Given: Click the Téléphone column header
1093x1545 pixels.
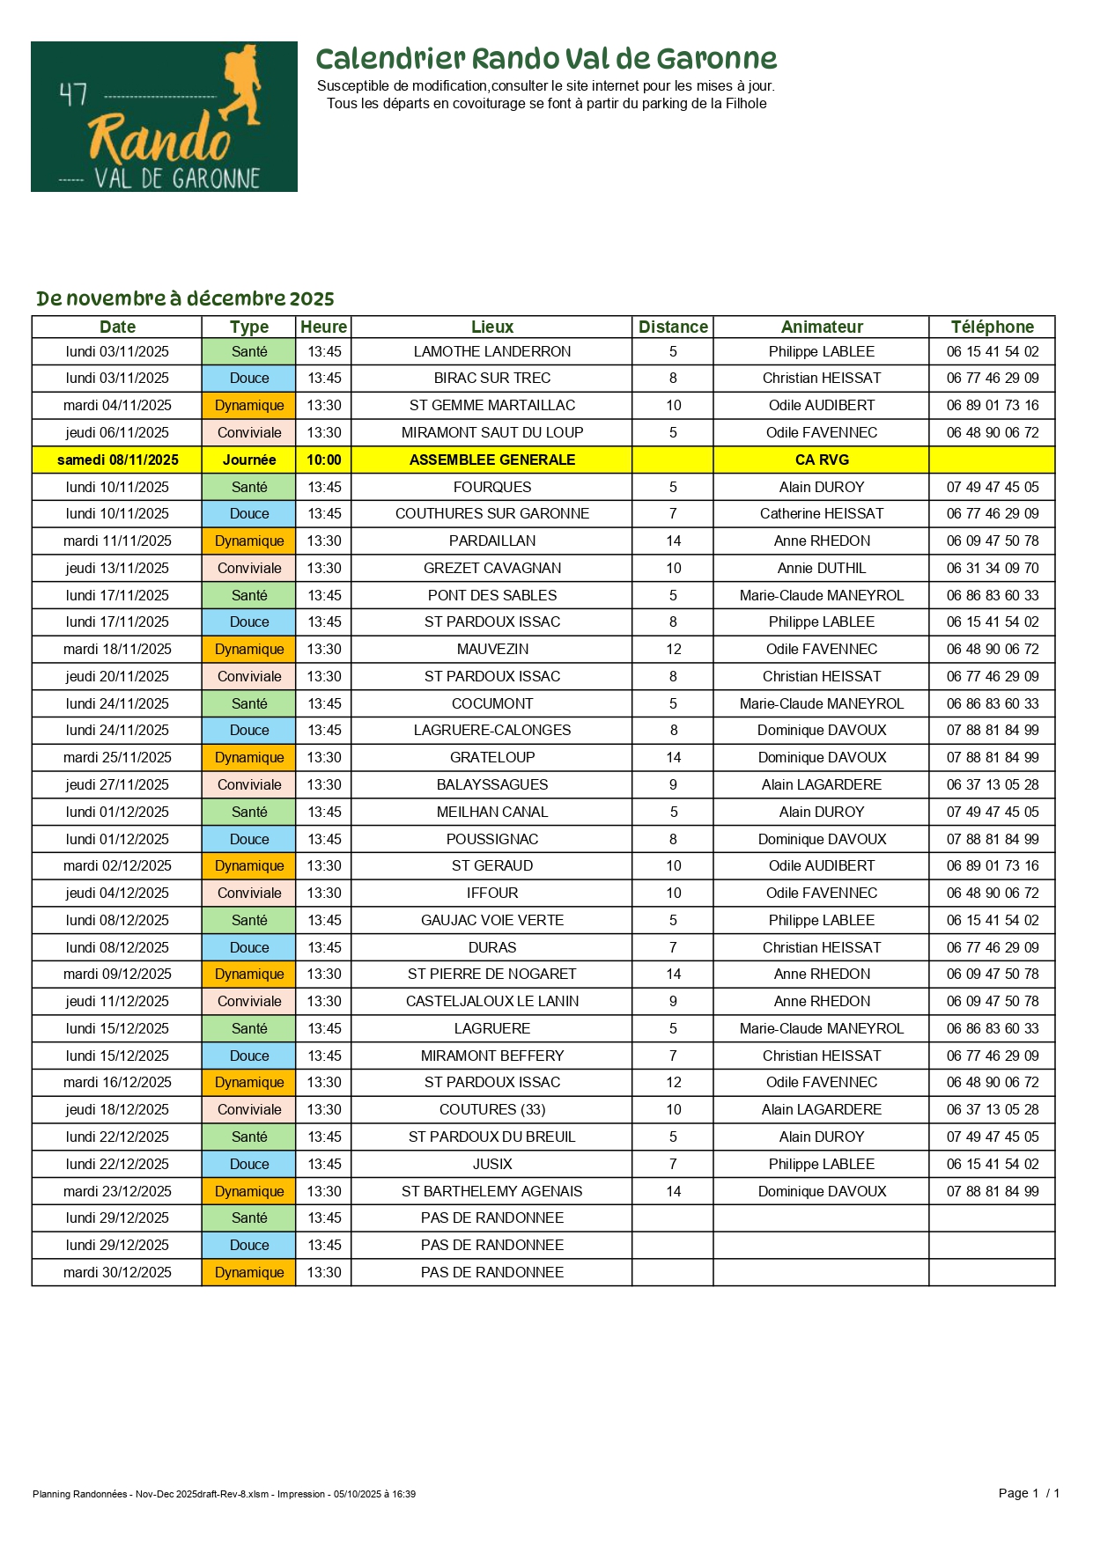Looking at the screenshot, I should click(992, 327).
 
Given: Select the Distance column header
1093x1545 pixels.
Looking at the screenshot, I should click(673, 327).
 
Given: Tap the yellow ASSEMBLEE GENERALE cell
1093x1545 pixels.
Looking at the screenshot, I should click(491, 460).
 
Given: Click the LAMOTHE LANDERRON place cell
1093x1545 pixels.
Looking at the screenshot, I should click(491, 351).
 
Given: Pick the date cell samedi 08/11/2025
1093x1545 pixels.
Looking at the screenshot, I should click(117, 460).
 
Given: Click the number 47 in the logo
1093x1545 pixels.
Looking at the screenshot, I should click(73, 94).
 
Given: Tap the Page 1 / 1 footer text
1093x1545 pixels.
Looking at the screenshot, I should click(1029, 1492).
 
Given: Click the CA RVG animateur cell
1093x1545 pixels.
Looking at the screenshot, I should click(822, 460).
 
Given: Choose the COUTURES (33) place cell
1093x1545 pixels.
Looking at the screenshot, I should click(491, 1109).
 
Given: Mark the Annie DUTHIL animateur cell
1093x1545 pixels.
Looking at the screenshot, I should click(822, 568).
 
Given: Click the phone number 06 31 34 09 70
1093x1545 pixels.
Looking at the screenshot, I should click(992, 568).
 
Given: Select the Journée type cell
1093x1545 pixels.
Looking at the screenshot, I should click(249, 460).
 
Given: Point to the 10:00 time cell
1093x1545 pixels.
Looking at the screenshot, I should click(323, 460).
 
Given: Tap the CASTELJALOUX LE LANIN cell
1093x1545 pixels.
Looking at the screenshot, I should click(491, 1001).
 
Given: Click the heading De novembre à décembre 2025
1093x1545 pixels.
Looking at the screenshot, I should click(185, 298).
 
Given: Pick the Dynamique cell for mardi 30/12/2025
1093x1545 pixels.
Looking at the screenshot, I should click(249, 1272).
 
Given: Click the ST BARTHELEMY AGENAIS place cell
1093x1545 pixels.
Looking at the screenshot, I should click(491, 1191).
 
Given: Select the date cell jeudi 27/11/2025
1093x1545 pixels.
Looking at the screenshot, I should click(117, 784).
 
